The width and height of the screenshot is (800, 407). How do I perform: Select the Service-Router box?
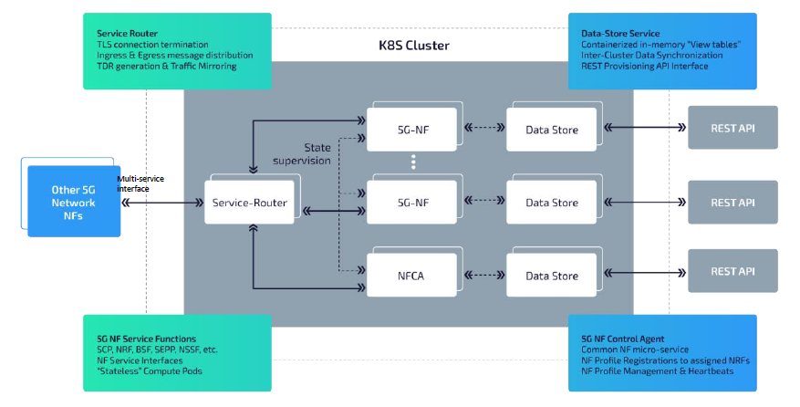pos(251,203)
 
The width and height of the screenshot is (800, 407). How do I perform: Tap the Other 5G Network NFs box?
pos(73,202)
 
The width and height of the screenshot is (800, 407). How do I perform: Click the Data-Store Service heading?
pos(620,33)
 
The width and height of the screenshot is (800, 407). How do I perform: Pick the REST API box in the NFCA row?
pos(732,271)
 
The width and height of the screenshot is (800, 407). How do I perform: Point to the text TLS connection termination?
pos(151,44)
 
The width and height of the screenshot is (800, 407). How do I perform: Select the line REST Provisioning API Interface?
pos(644,66)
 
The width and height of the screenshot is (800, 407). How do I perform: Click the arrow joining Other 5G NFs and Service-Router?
pos(161,203)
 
